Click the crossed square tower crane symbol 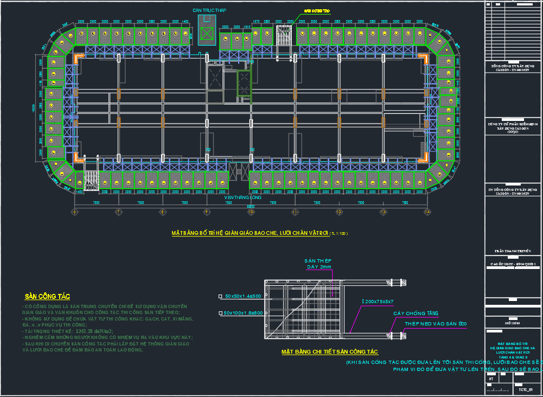[207, 33]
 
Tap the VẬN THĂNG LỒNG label [243, 197]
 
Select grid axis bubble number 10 [251, 212]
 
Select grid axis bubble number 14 [427, 212]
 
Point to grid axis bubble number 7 [118, 212]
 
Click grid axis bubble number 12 [339, 212]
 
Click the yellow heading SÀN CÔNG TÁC [48, 296]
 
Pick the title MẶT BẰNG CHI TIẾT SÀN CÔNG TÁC [329, 352]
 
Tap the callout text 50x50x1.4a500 [243, 296]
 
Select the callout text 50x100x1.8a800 [243, 313]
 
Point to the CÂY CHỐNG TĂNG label [416, 313]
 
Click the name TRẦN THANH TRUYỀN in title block [512, 252]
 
